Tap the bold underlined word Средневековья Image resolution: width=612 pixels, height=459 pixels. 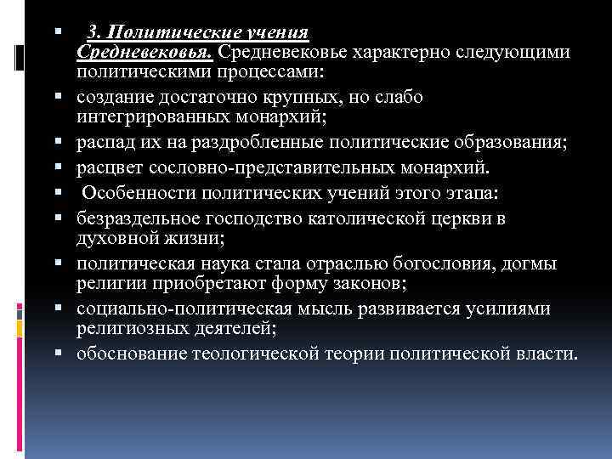click(x=144, y=53)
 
